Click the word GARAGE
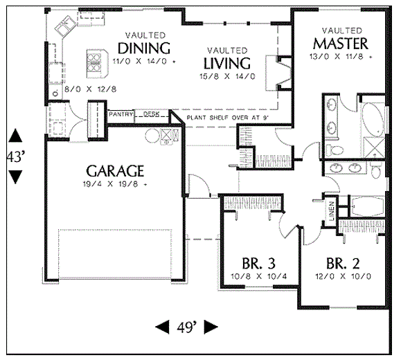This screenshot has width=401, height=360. [115, 170]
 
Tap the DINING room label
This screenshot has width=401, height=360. [144, 48]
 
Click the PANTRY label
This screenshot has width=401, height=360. [121, 114]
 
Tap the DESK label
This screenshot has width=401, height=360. [151, 114]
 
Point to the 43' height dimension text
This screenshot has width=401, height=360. [15, 157]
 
